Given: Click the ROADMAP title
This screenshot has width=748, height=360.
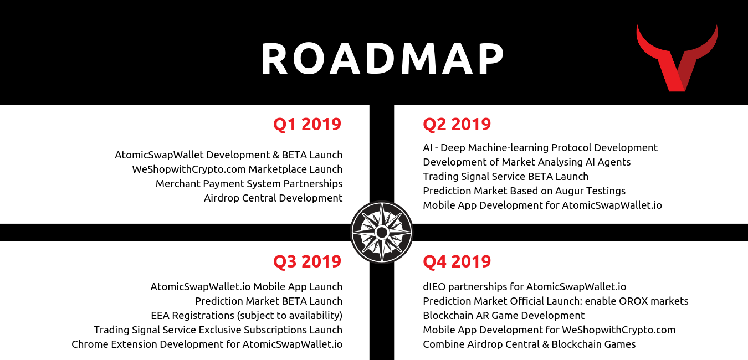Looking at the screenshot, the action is (382, 59).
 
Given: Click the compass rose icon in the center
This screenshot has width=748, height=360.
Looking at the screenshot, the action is (382, 232).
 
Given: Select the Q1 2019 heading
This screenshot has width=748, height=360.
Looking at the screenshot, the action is (307, 124).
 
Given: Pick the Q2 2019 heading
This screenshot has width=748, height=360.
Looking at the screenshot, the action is (457, 124).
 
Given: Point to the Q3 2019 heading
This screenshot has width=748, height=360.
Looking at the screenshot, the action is (307, 261).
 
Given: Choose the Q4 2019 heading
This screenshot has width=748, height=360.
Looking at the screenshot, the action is (457, 261).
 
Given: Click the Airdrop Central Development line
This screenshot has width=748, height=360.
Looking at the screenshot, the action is (273, 198).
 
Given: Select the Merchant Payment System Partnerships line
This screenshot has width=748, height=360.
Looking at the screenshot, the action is (249, 184).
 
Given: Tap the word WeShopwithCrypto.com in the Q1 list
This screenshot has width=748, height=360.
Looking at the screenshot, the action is (189, 169).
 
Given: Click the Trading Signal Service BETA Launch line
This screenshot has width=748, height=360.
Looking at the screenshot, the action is (505, 177).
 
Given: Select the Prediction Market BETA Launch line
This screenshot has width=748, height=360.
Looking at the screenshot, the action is (269, 301).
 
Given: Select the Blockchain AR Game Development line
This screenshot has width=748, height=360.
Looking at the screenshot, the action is (504, 316).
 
